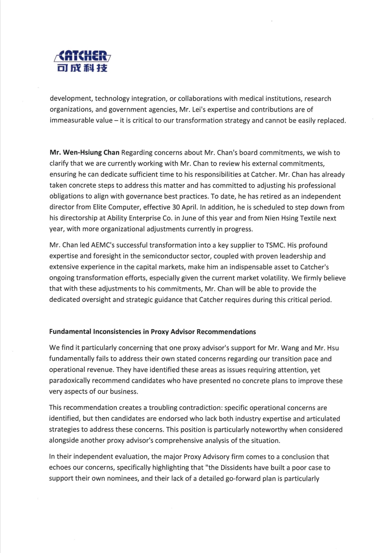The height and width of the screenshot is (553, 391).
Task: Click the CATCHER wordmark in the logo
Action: coord(82,56)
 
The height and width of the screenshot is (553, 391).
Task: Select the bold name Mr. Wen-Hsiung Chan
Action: coord(84,153)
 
